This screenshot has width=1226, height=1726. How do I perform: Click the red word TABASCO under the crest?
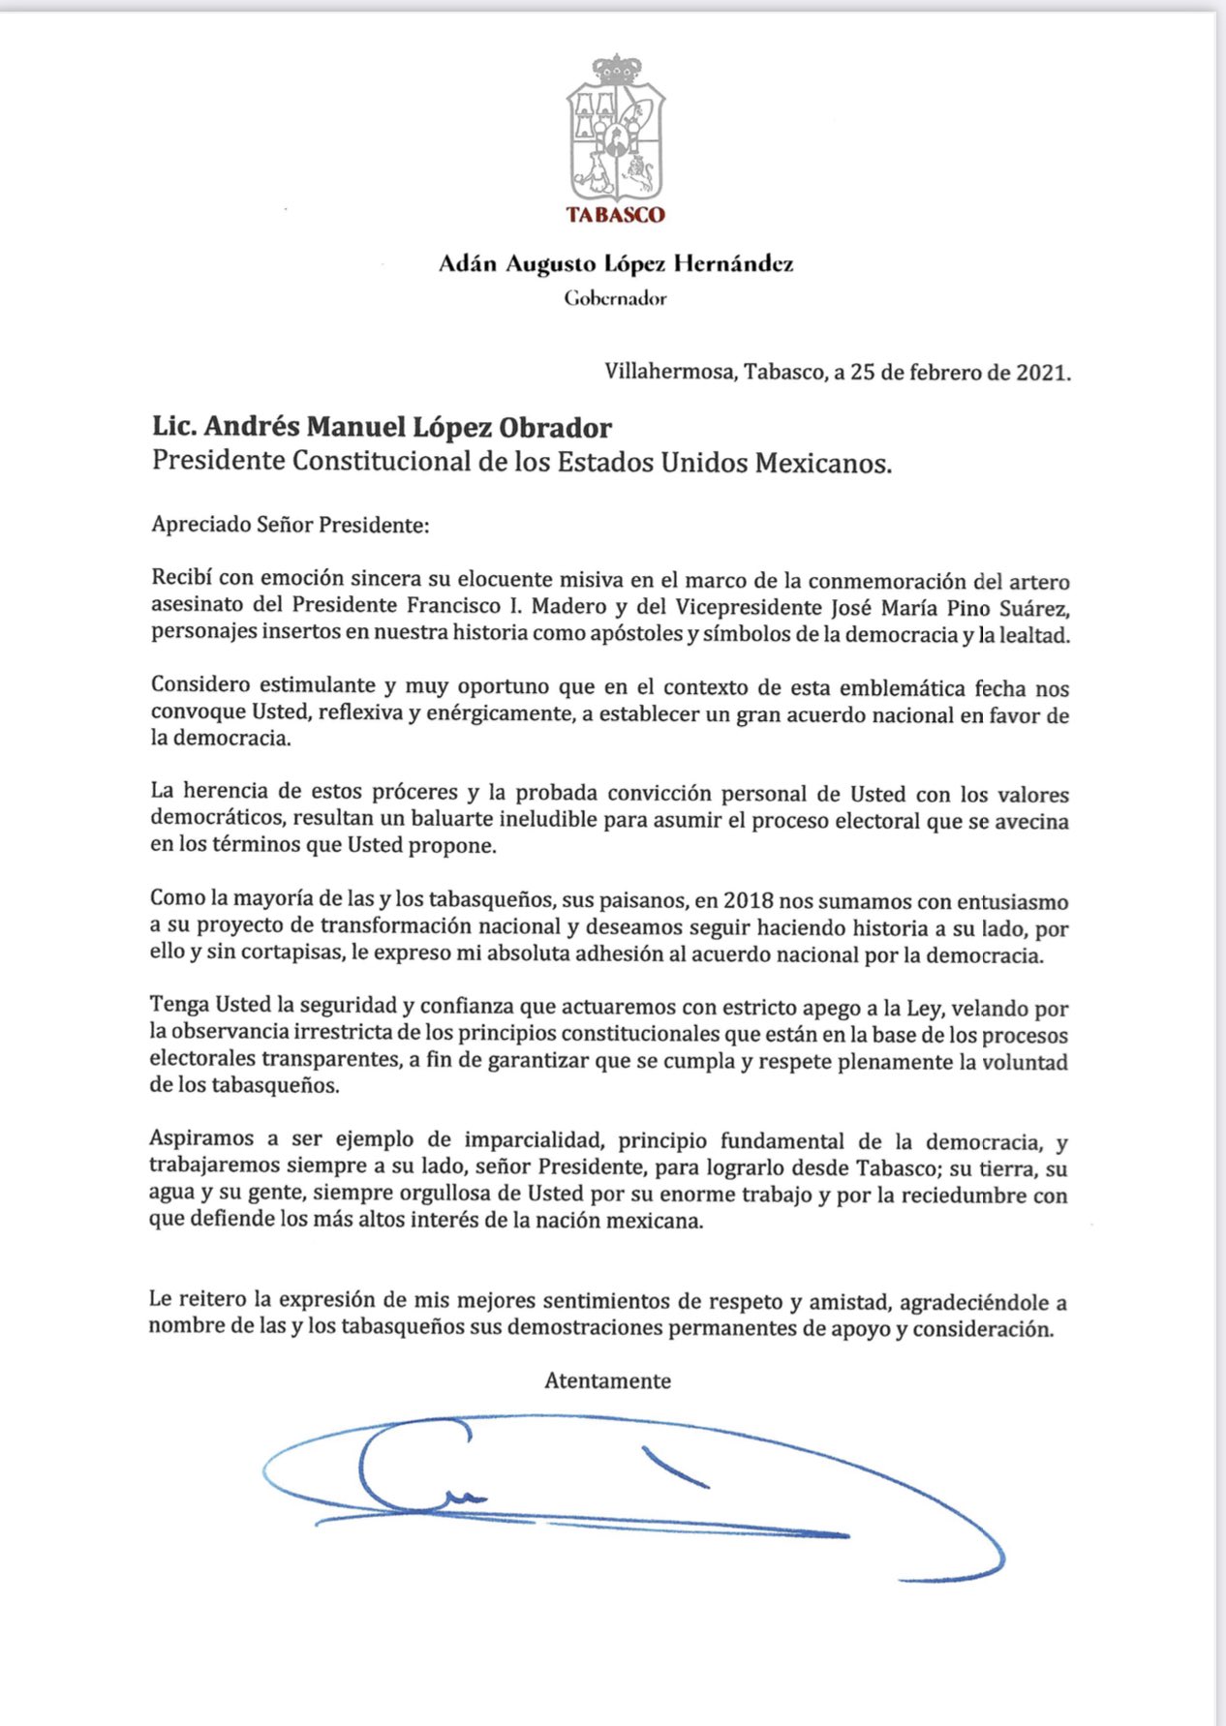pos(616,215)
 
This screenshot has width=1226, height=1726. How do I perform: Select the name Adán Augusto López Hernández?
pos(616,263)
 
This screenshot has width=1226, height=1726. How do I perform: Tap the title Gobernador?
pos(616,298)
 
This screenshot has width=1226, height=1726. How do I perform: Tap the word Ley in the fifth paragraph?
pos(922,1009)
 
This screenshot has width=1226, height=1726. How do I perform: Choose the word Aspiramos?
pos(200,1140)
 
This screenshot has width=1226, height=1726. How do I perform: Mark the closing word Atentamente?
pos(607,1381)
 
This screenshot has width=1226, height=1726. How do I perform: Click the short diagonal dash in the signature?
pos(675,1466)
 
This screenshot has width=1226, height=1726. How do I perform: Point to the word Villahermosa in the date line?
pos(669,372)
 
